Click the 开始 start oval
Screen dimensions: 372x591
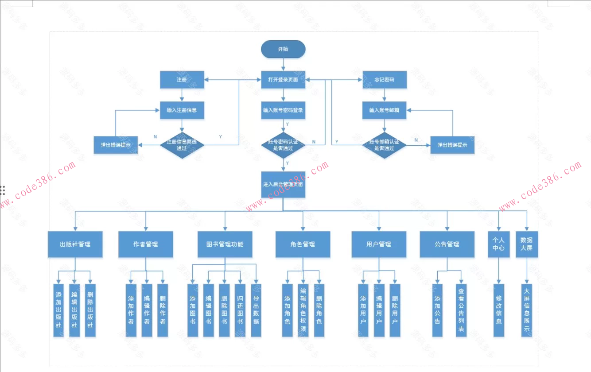pyautogui.click(x=283, y=49)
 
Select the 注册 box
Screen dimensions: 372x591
pyautogui.click(x=182, y=80)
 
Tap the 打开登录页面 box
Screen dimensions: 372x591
pyautogui.click(x=283, y=80)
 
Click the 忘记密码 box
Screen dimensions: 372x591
pyautogui.click(x=385, y=80)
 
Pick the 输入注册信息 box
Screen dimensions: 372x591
pyautogui.click(x=182, y=110)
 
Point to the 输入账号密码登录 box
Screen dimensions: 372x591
pyautogui.click(x=283, y=110)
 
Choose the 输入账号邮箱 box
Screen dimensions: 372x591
pyautogui.click(x=385, y=110)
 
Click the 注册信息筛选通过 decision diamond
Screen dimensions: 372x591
pyautogui.click(x=182, y=145)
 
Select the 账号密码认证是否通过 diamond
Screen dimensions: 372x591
pyautogui.click(x=283, y=145)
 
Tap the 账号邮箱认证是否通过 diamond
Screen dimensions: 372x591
pyautogui.click(x=385, y=145)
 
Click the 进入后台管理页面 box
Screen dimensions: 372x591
pyautogui.click(x=283, y=184)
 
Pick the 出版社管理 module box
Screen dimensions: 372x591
pyautogui.click(x=75, y=244)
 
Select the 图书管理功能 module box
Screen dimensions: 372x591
pyautogui.click(x=225, y=244)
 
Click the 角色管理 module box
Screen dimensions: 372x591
pyautogui.click(x=303, y=244)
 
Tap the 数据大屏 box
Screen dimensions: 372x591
pyautogui.click(x=526, y=244)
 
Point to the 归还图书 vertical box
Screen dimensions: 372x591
pyautogui.click(x=241, y=310)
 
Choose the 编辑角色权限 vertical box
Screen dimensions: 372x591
pyautogui.click(x=303, y=310)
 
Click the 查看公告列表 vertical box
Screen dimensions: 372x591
pyautogui.click(x=461, y=310)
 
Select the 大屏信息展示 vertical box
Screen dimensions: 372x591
pyautogui.click(x=526, y=310)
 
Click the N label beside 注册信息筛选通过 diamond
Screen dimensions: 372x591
pyautogui.click(x=155, y=136)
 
